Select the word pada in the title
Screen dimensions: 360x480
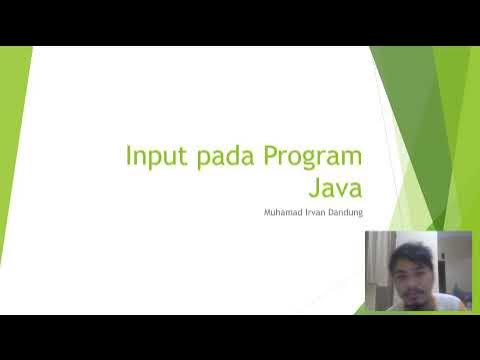224,158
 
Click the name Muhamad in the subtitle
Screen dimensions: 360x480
284,211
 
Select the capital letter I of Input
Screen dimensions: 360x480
129,157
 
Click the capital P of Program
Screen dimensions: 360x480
271,157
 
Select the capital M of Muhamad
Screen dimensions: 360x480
267,211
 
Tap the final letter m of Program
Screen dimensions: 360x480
350,159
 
